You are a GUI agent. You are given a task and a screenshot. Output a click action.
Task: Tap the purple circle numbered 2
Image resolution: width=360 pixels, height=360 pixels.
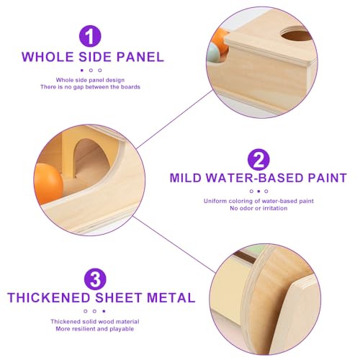click(x=258, y=158)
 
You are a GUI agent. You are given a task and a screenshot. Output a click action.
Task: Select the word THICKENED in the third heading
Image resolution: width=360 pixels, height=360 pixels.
click(x=54, y=297)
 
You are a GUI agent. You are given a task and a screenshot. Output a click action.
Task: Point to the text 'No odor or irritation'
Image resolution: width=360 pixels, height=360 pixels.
click(x=258, y=208)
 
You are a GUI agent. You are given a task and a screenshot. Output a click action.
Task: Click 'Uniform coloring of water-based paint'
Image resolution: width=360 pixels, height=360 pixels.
click(x=258, y=201)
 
